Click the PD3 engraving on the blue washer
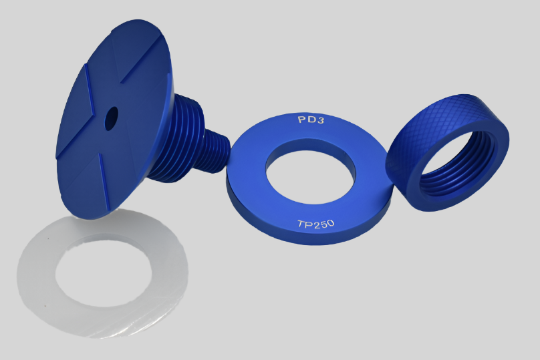(x=311, y=120)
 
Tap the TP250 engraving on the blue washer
(x=316, y=224)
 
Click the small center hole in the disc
(x=111, y=118)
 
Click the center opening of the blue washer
(x=311, y=176)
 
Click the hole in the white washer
(x=104, y=272)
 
